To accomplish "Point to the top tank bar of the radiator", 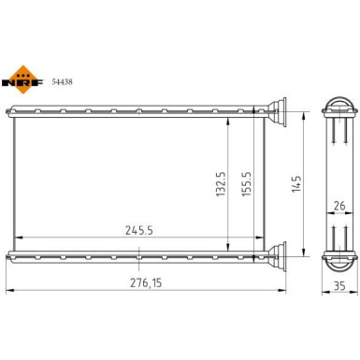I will tap(140, 115).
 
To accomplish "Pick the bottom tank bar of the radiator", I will tap(140, 254).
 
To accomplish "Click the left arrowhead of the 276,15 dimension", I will tap(9, 288).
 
